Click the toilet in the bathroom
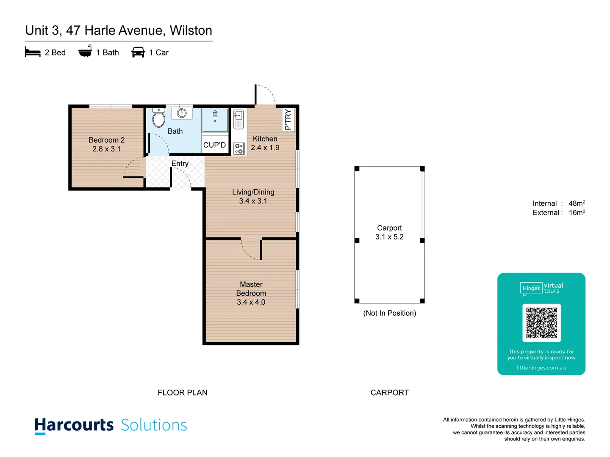[x=159, y=118]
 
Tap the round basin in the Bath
[x=182, y=113]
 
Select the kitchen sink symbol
[x=238, y=119]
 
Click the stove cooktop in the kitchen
[x=239, y=149]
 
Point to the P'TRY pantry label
[x=288, y=119]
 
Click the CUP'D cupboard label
[x=214, y=145]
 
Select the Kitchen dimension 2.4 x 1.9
[x=265, y=148]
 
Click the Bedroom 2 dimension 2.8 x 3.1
[x=107, y=149]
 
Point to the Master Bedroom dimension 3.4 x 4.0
[x=251, y=302]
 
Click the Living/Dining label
[x=253, y=192]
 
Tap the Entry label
[x=180, y=163]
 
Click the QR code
[x=541, y=323]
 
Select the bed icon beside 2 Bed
[x=33, y=52]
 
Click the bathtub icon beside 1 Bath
[x=85, y=52]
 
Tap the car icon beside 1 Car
[x=138, y=52]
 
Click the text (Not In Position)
[x=390, y=313]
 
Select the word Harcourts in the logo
[x=74, y=425]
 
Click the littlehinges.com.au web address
[x=541, y=368]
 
